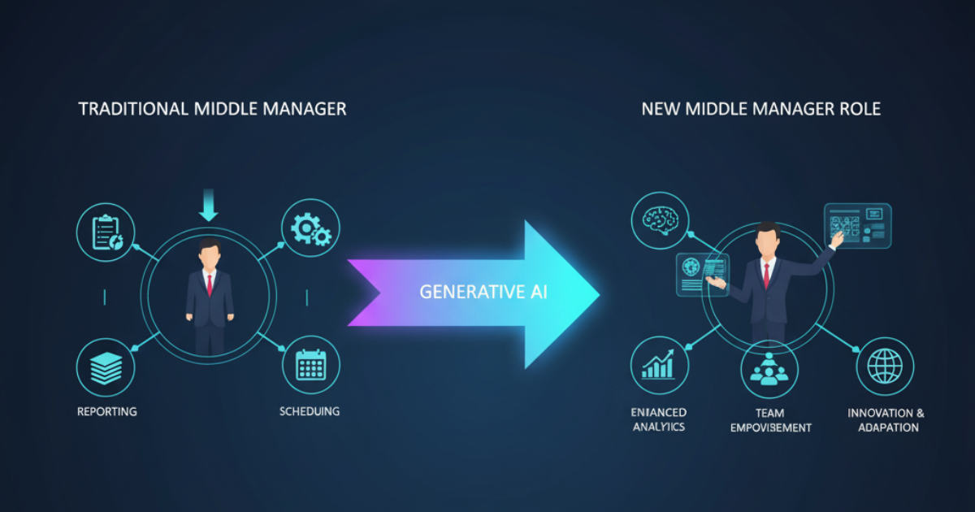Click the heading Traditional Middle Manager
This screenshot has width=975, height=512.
(212, 109)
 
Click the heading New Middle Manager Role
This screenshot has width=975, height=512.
(760, 109)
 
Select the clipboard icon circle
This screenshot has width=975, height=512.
(106, 232)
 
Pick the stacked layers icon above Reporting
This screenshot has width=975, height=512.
(106, 367)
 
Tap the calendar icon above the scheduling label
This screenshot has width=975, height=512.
(311, 366)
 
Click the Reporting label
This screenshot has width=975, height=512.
(107, 411)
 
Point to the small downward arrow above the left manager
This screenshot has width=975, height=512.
(209, 204)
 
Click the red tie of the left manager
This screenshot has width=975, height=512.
(210, 284)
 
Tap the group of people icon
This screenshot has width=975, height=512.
(769, 370)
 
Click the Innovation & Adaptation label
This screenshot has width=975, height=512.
(886, 420)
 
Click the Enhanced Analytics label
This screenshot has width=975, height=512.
(659, 419)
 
